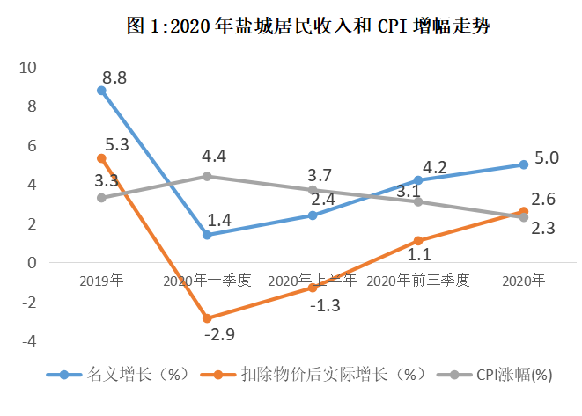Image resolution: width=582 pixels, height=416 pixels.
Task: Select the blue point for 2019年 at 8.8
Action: pyautogui.click(x=101, y=91)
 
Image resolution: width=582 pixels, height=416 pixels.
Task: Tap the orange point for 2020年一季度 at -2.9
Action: pyautogui.click(x=207, y=318)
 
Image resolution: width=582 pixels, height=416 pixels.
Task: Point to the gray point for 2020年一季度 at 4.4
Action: pyautogui.click(x=207, y=176)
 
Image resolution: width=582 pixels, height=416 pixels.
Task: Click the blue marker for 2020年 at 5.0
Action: pyautogui.click(x=523, y=164)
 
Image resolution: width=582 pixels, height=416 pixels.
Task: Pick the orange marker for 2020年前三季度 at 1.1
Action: pyautogui.click(x=417, y=241)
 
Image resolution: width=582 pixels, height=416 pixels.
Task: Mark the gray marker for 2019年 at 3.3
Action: pyautogui.click(x=101, y=198)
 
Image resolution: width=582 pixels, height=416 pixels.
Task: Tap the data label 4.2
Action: pyautogui.click(x=435, y=166)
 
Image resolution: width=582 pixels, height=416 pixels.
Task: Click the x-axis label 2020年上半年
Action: pyautogui.click(x=312, y=281)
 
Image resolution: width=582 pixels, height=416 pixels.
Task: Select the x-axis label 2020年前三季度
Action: pyautogui.click(x=417, y=281)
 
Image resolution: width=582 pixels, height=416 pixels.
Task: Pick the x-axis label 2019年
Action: pyautogui.click(x=101, y=281)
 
